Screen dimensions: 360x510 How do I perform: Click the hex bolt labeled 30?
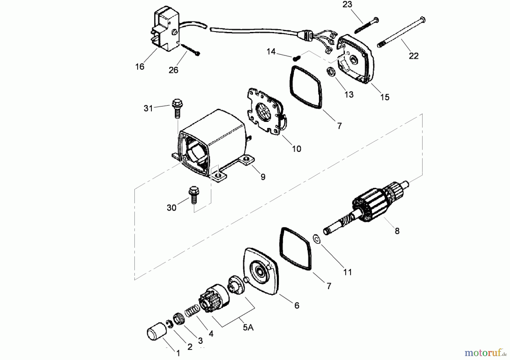pos(194,194)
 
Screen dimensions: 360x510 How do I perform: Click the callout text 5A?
pos(248,328)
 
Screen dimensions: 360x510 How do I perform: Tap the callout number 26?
pos(173,70)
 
